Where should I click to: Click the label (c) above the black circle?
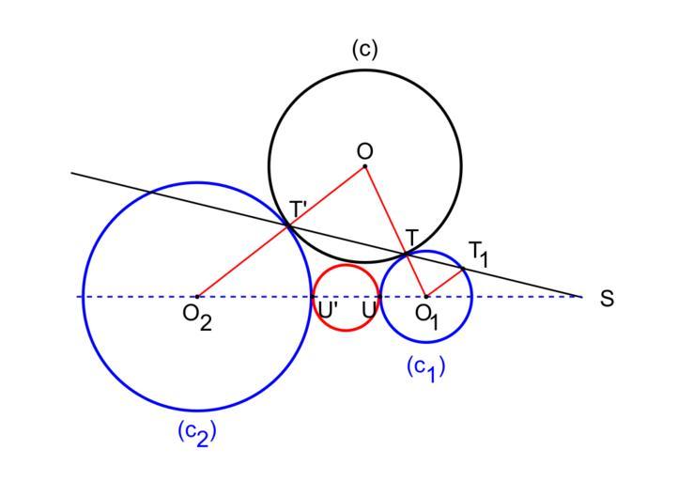pos(365,49)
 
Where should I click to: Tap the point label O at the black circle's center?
pos(365,150)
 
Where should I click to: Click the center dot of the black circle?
pos(365,166)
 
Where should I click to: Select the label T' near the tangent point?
pos(299,209)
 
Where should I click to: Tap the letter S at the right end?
pos(608,299)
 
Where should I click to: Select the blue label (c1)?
pos(426,367)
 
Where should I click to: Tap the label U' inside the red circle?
pos(328,307)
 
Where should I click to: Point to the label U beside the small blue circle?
pos(369,307)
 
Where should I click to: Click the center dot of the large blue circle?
pos(197,297)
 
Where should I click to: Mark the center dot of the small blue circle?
pos(426,297)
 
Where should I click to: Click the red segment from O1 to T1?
pos(445,283)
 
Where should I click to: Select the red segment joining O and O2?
pos(282,231)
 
